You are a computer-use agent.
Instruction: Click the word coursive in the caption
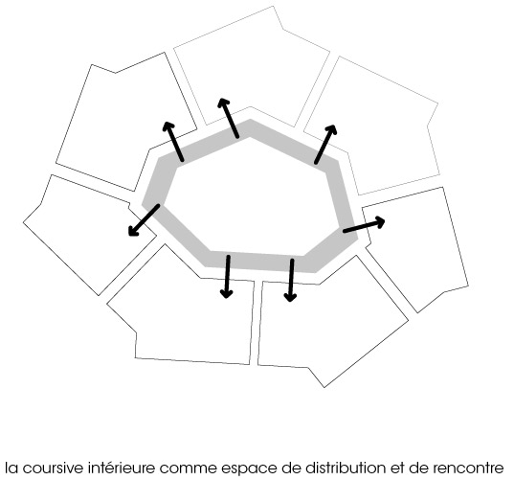(x=55, y=468)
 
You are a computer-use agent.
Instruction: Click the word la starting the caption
(x=12, y=468)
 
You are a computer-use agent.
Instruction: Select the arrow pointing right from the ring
(x=364, y=225)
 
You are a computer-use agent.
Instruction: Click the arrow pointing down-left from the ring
(x=144, y=220)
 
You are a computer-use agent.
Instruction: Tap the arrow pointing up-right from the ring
(x=325, y=144)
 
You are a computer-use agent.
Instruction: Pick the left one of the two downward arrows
(x=227, y=277)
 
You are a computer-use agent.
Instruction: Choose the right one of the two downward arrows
(x=291, y=280)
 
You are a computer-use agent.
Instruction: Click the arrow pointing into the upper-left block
(x=173, y=141)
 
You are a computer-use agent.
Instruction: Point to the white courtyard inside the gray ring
(x=251, y=196)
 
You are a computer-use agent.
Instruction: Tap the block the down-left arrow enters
(x=88, y=235)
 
